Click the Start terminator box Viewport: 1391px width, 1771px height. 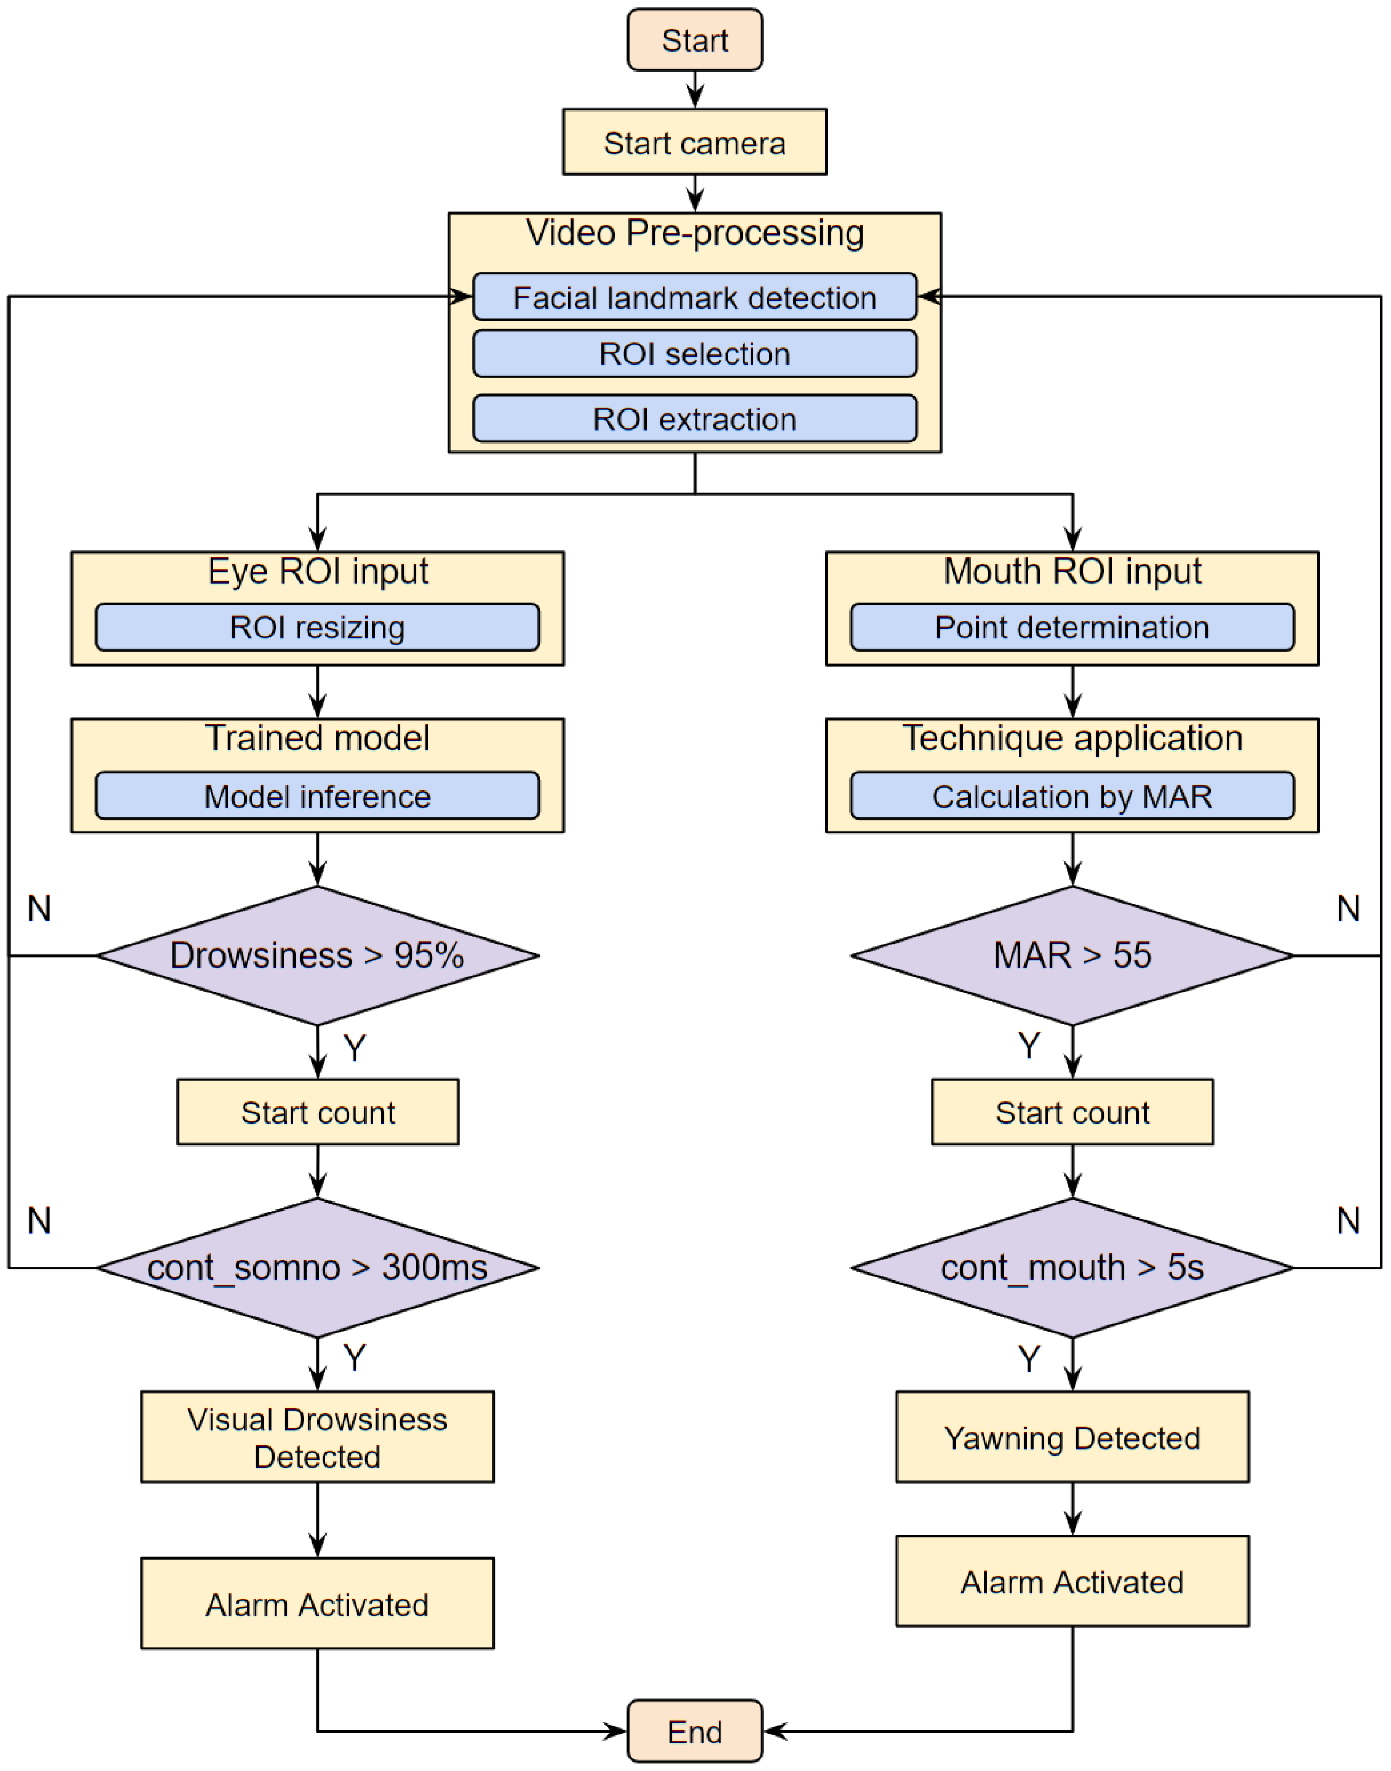[x=695, y=40]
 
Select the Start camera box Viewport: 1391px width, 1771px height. [x=695, y=143]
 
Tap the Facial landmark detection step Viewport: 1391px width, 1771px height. [x=695, y=297]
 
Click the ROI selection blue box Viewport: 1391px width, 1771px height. [x=695, y=353]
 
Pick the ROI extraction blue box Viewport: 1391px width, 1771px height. [x=695, y=418]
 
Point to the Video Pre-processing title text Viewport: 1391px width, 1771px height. [x=695, y=233]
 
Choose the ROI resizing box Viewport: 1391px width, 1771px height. [x=317, y=627]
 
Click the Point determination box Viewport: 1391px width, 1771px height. [x=1072, y=627]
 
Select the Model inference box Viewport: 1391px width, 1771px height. [x=317, y=796]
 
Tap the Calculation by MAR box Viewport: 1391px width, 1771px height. [x=1072, y=796]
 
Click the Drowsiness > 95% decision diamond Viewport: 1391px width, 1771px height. [x=317, y=955]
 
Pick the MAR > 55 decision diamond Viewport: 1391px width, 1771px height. [x=1072, y=955]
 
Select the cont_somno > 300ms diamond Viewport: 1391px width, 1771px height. [x=317, y=1268]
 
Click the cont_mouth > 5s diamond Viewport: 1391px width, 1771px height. [x=1072, y=1268]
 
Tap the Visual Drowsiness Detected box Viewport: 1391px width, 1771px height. [x=317, y=1437]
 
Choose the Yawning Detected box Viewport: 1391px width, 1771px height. [x=1072, y=1437]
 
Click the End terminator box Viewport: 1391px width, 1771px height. [x=695, y=1731]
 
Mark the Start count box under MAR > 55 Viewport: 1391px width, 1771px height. [x=1072, y=1112]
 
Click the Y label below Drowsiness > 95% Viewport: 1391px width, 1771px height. [x=354, y=1048]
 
